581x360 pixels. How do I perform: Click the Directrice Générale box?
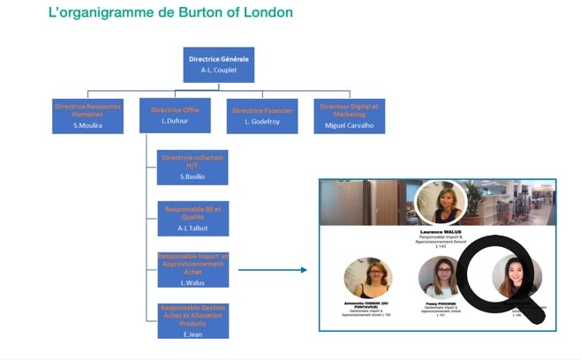click(x=219, y=64)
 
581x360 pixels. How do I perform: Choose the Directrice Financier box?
click(x=261, y=115)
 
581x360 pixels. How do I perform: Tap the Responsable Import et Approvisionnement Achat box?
click(x=192, y=269)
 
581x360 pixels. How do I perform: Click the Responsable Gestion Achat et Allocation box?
click(x=192, y=320)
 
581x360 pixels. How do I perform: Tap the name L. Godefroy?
click(x=261, y=121)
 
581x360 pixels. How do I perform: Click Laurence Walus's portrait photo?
click(x=440, y=204)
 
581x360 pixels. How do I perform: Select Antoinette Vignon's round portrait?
click(x=367, y=277)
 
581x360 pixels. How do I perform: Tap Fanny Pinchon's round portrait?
click(x=441, y=277)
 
